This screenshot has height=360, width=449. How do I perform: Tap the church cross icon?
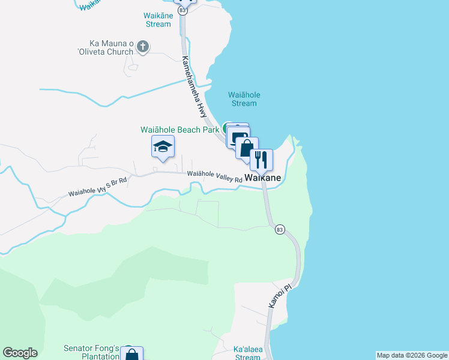click(143, 46)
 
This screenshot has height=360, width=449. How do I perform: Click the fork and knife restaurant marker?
click(261, 159)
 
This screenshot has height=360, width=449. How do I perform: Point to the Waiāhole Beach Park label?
click(180, 130)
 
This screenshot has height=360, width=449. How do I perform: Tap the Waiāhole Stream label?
click(243, 99)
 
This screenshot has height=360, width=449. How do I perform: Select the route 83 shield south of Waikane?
click(279, 229)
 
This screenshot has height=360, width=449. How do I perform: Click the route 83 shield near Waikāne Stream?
click(182, 10)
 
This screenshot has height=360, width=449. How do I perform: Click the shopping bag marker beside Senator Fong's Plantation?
click(131, 355)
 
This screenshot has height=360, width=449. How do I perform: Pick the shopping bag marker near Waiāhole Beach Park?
click(246, 148)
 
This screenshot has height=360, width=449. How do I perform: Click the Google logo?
click(20, 353)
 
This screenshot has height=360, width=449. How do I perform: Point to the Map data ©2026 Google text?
click(412, 355)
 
